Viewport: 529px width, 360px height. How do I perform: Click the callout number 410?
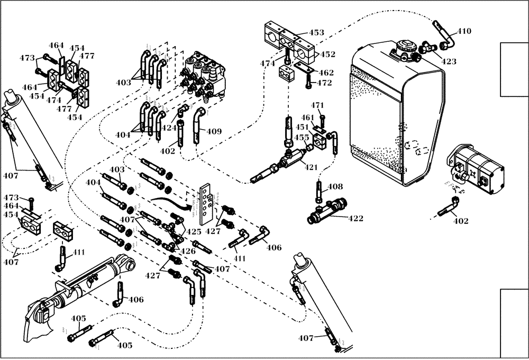click(464, 31)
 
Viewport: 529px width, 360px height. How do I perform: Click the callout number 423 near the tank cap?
click(449, 61)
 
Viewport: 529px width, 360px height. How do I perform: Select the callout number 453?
click(316, 33)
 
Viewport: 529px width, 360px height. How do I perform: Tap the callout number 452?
click(327, 54)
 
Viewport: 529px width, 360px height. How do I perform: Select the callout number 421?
click(311, 167)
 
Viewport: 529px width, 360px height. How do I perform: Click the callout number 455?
click(302, 138)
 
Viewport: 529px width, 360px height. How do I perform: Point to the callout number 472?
click(324, 83)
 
